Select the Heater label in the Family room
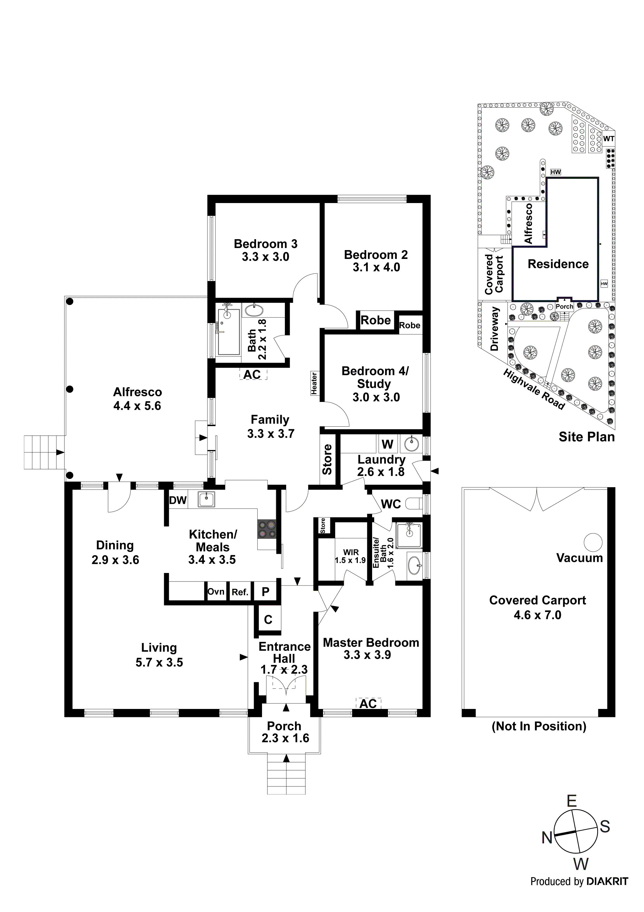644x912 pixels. (x=314, y=383)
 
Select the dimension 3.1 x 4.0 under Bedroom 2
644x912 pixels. (x=376, y=267)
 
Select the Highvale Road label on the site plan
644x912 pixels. (x=534, y=389)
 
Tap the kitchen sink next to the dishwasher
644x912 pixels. (x=206, y=500)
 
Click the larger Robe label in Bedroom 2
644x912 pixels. (x=375, y=320)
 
